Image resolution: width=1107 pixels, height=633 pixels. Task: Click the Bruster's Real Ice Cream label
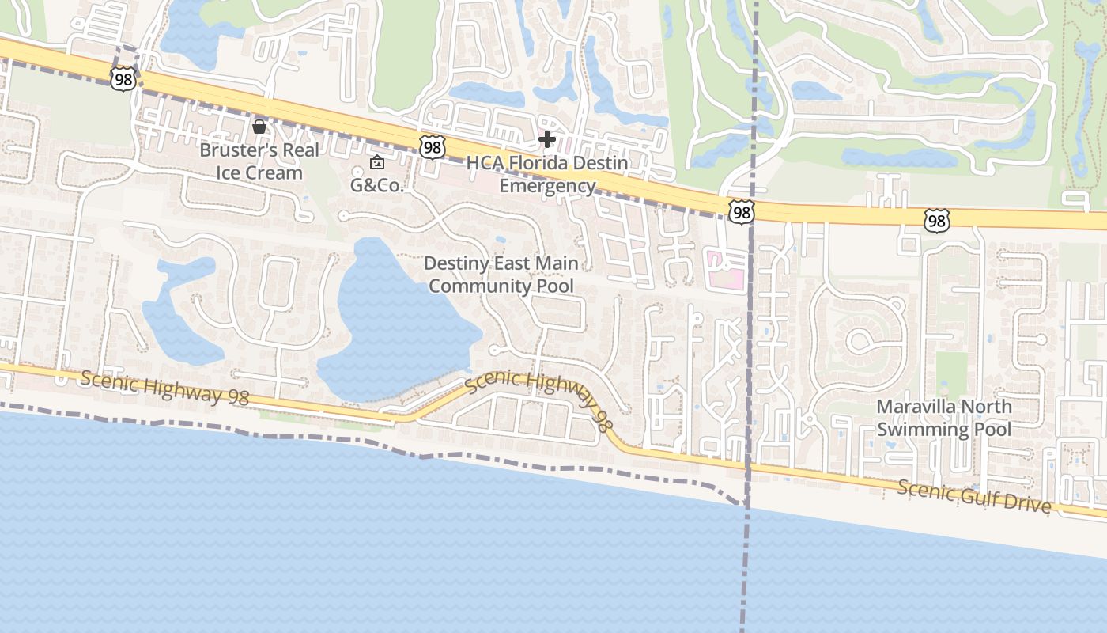point(259,161)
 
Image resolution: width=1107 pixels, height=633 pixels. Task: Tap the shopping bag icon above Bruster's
point(259,127)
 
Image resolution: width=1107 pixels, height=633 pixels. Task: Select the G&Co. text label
point(377,186)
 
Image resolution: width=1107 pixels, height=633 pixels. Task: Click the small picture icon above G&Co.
point(377,163)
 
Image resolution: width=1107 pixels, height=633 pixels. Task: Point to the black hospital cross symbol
point(546,140)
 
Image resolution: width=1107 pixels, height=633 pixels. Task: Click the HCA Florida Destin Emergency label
point(547,174)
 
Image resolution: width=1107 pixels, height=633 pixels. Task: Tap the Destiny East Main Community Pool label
point(501,275)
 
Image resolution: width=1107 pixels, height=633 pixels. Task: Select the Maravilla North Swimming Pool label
point(943,418)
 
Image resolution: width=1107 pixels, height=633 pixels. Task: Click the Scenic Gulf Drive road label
point(974,496)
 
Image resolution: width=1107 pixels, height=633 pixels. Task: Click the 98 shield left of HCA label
point(433,146)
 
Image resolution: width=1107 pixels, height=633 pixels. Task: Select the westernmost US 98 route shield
point(124,78)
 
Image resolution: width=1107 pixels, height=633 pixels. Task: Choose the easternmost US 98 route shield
point(936,220)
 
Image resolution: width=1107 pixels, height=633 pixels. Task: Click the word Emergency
point(547,186)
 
